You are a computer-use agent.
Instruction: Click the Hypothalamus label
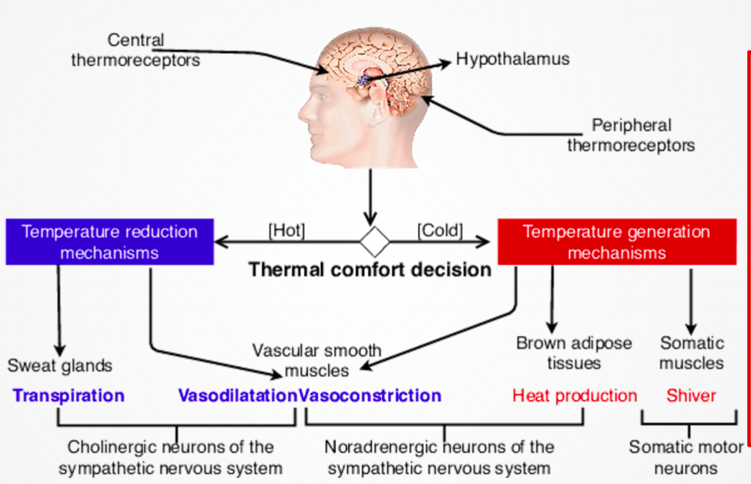512,58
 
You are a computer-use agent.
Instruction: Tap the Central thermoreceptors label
135,50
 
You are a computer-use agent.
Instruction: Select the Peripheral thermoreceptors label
631,135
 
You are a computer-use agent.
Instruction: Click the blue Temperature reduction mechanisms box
110,241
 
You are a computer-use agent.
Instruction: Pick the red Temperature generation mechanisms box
616,241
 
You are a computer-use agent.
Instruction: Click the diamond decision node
375,242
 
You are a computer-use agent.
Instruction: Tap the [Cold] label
440,231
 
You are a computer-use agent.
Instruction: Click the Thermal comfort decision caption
370,270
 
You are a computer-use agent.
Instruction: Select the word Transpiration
68,395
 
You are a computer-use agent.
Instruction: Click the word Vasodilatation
237,395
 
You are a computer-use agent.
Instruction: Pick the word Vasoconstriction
370,395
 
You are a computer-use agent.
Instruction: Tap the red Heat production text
574,395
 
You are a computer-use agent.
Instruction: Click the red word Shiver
691,395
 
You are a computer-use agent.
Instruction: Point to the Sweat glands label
60,365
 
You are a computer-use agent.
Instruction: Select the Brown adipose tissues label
573,353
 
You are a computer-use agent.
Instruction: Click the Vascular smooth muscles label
317,360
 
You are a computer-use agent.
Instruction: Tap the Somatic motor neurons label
685,458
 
